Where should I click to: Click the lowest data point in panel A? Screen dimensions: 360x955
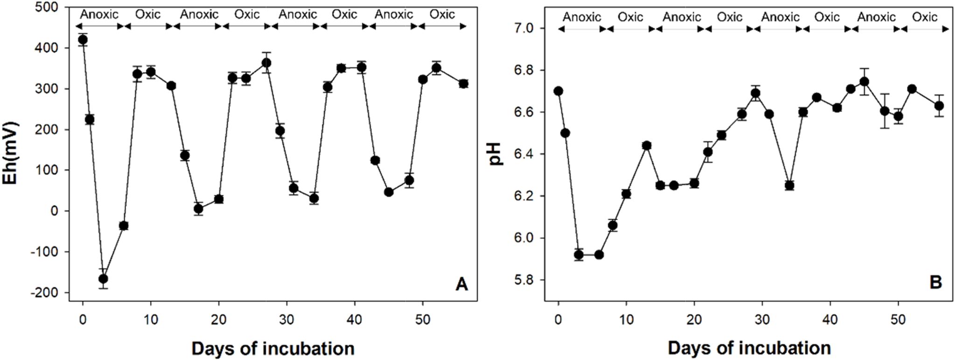click(x=103, y=279)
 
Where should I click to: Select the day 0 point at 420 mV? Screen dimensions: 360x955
click(x=83, y=40)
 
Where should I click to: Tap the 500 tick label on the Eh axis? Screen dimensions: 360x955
click(x=48, y=7)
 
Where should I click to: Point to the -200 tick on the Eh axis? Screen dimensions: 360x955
click(x=46, y=293)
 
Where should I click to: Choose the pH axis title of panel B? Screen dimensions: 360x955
click(x=497, y=154)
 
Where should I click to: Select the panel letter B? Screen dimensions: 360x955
click(x=935, y=282)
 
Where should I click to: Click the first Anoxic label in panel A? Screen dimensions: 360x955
click(x=99, y=14)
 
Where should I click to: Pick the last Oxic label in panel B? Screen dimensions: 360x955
click(x=925, y=17)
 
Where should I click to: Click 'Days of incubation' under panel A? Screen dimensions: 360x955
click(x=273, y=348)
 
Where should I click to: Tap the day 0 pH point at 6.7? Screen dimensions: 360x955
click(x=558, y=91)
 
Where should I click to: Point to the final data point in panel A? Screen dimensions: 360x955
click(x=463, y=84)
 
